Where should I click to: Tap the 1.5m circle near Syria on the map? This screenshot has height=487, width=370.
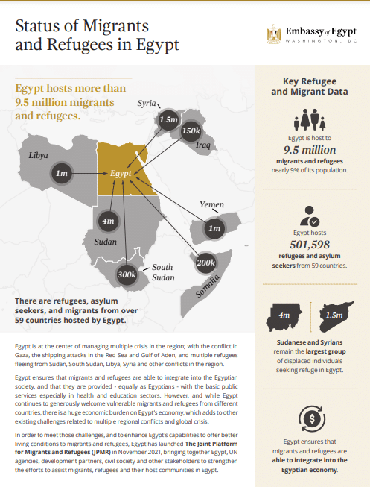click(168, 119)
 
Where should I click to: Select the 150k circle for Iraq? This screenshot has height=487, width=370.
click(191, 131)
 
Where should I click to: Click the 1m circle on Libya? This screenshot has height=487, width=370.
click(63, 173)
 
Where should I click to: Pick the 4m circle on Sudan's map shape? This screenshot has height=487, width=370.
click(108, 221)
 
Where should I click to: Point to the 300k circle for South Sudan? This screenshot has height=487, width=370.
click(127, 275)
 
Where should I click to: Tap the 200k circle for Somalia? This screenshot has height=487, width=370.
click(205, 263)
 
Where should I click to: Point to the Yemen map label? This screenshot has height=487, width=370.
click(211, 204)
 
